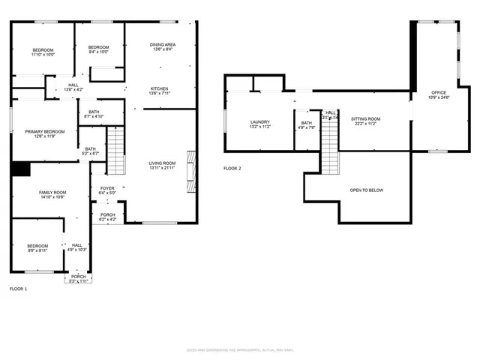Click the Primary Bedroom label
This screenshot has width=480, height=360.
(44, 131)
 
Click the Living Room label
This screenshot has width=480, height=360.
(162, 163)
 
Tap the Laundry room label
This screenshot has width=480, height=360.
(260, 122)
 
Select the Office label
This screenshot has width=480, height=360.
(438, 92)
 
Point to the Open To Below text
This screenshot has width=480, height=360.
(367, 190)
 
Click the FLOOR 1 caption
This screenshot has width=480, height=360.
(19, 289)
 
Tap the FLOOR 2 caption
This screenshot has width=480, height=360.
(232, 169)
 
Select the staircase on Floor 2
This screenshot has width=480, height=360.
(330, 146)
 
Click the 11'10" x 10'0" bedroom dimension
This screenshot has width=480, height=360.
(43, 55)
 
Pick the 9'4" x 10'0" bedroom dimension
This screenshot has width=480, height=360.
(98, 52)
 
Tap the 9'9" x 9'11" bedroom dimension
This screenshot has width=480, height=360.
(37, 250)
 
